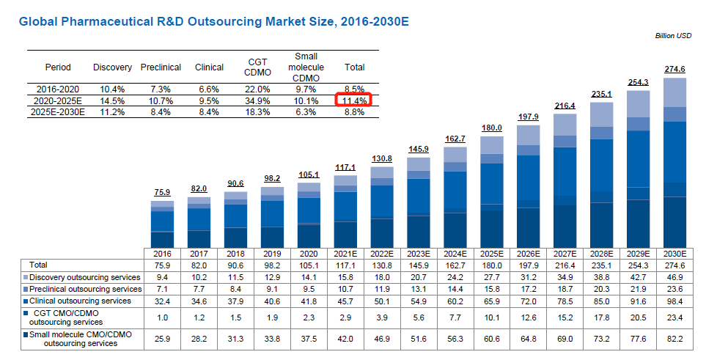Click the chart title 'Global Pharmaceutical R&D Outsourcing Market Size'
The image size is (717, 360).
click(x=213, y=21)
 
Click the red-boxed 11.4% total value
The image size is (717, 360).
click(x=354, y=100)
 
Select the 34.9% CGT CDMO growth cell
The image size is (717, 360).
click(x=255, y=100)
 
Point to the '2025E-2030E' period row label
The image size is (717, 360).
click(x=58, y=112)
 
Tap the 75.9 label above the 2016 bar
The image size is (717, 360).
click(x=162, y=192)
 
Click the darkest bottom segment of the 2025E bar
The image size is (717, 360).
click(x=491, y=229)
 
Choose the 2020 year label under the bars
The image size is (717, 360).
click(x=308, y=253)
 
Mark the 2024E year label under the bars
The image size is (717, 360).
click(x=455, y=253)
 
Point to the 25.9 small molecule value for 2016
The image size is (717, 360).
click(x=162, y=338)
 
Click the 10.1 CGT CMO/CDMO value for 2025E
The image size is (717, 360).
click(x=491, y=317)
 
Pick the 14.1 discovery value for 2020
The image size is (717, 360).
click(x=308, y=277)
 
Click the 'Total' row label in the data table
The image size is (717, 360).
click(x=38, y=264)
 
